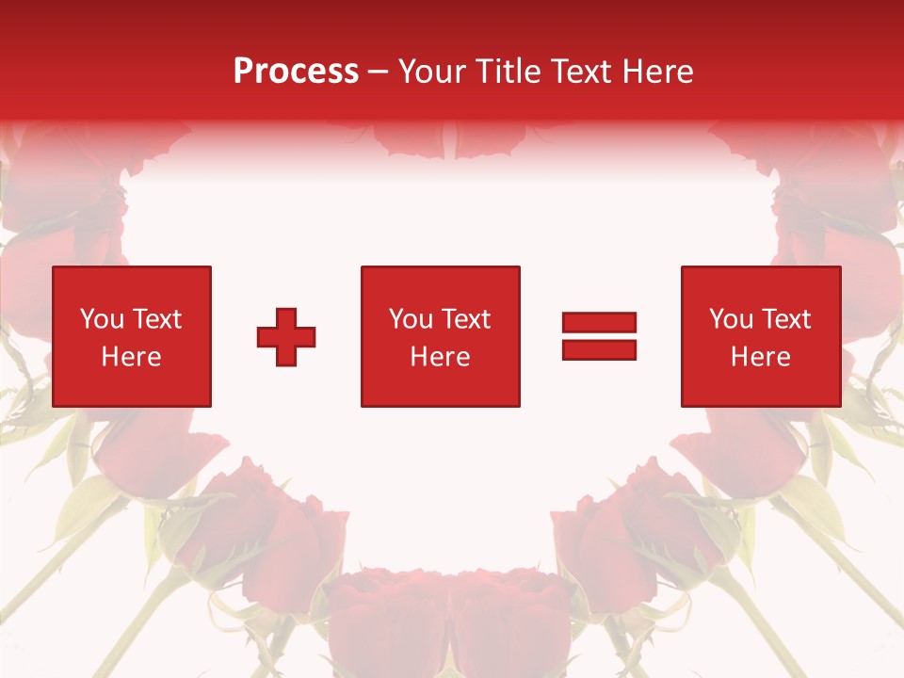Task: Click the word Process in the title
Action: (296, 72)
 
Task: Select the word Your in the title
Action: (430, 72)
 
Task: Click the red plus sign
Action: (286, 337)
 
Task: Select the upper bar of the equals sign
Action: (599, 323)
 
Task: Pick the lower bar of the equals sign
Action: (599, 350)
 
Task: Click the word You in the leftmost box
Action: (102, 319)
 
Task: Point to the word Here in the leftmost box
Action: (131, 357)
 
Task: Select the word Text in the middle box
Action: (465, 319)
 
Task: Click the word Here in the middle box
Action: (440, 357)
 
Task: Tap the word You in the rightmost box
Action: (731, 319)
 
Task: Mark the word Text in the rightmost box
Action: (785, 319)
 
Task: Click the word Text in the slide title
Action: (582, 72)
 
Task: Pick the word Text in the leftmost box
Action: (156, 319)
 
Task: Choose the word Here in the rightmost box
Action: (760, 357)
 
